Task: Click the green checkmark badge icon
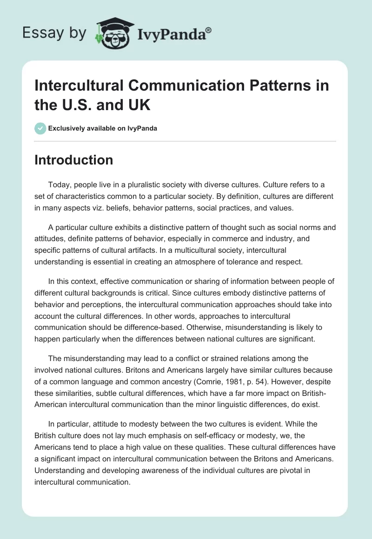[x=40, y=128]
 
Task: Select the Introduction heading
[x=74, y=160]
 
